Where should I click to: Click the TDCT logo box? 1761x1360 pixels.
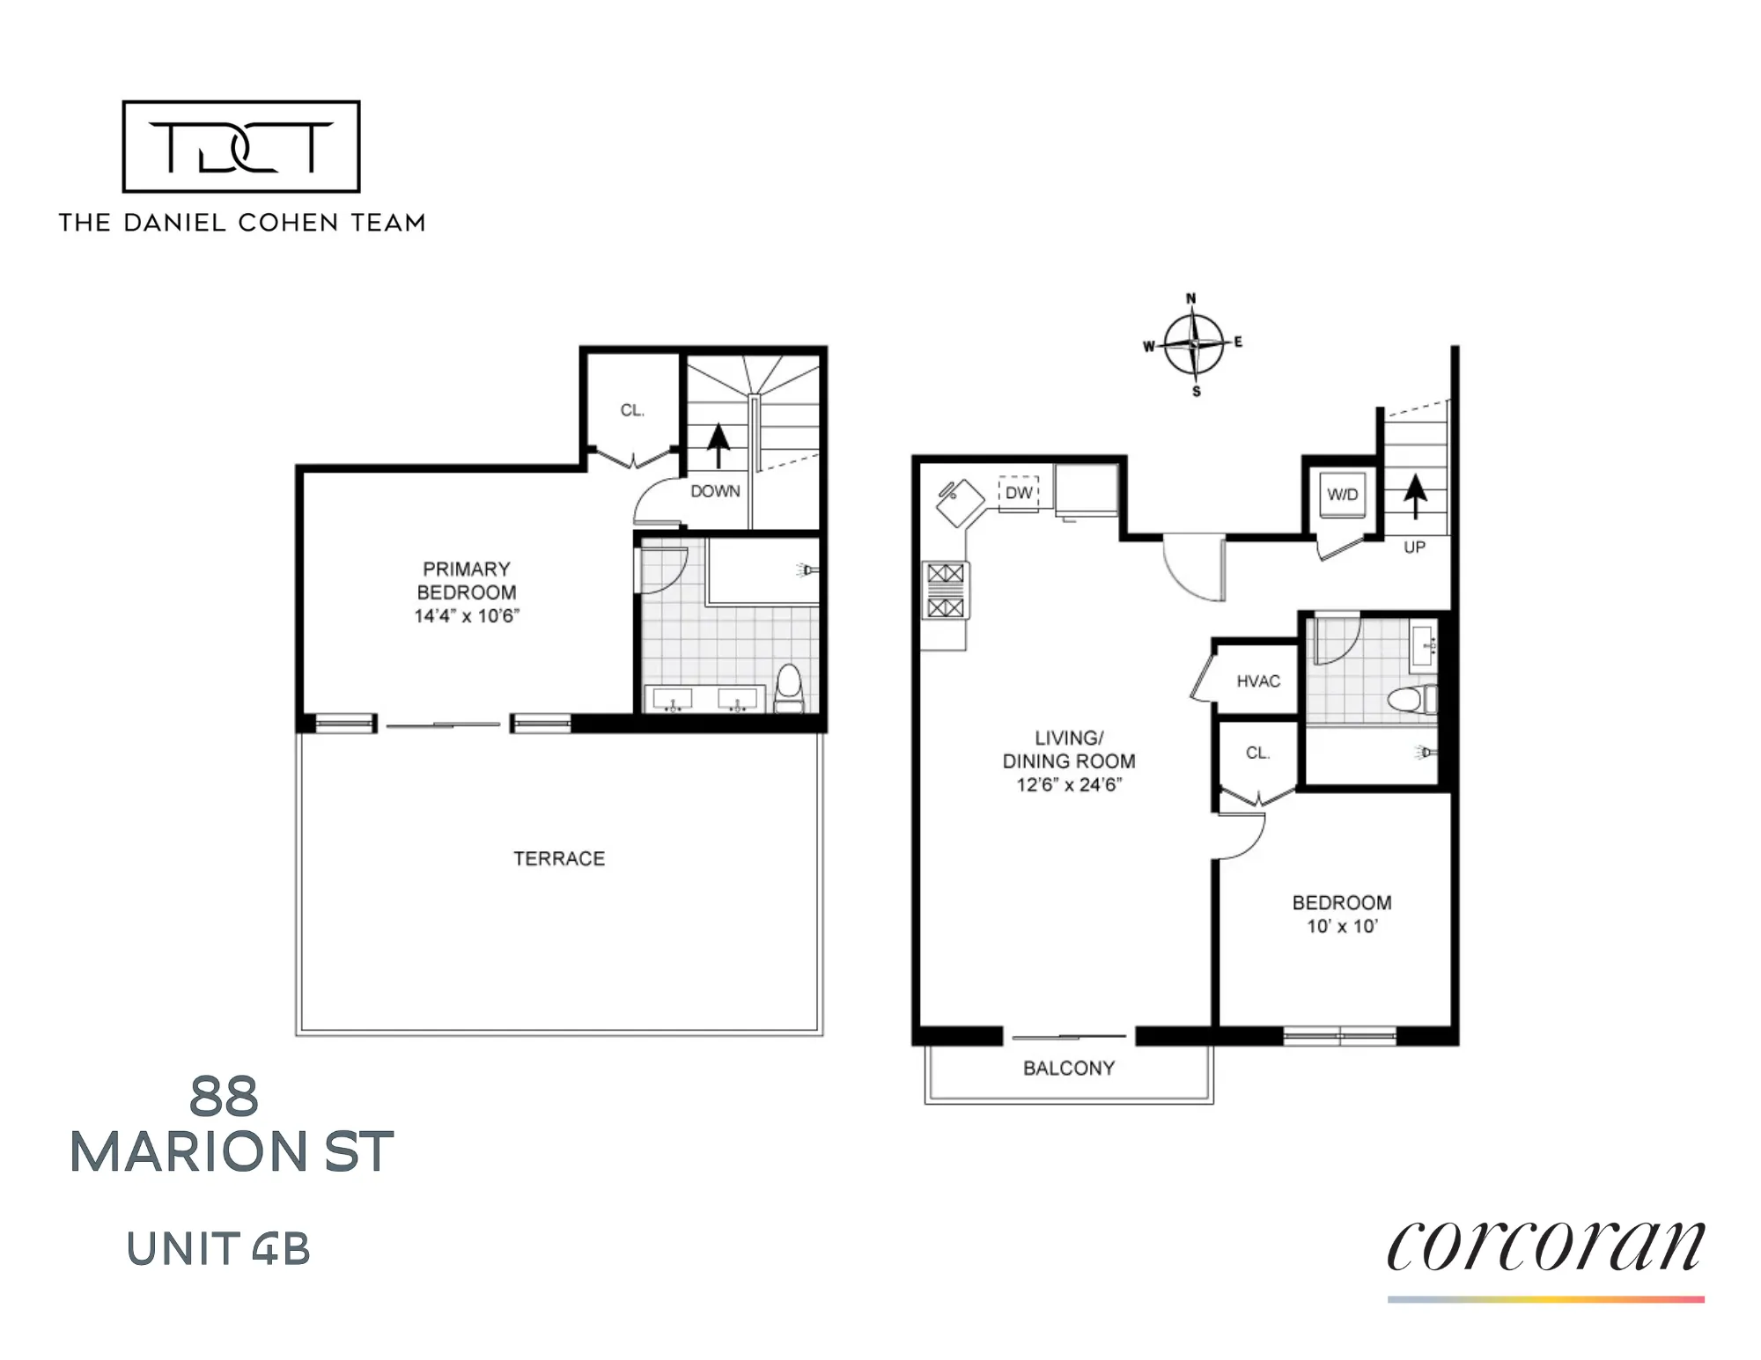[x=241, y=146]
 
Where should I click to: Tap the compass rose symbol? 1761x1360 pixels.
[x=1193, y=344]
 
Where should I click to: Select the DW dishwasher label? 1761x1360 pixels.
[x=1019, y=493]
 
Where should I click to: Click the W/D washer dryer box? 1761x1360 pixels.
[x=1342, y=495]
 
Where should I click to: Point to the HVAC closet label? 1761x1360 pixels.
[x=1257, y=681]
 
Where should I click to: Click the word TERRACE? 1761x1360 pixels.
[x=559, y=858]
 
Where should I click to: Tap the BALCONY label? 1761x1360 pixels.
[x=1069, y=1068]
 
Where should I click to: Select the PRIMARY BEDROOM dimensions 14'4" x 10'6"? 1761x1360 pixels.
[x=467, y=616]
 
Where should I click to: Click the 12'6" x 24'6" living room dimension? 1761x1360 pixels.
[x=1069, y=784]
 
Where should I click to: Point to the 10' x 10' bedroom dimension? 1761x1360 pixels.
[x=1342, y=926]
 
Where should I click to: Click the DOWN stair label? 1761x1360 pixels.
[x=715, y=491]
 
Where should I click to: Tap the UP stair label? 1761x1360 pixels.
[x=1414, y=548]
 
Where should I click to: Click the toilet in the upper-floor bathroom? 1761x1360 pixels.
[x=789, y=688]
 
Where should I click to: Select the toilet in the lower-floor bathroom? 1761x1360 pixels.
[x=1411, y=700]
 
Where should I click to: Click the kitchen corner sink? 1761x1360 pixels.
[x=958, y=502]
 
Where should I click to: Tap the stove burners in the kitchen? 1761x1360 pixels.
[x=946, y=591]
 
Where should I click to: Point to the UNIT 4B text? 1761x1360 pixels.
[x=218, y=1248]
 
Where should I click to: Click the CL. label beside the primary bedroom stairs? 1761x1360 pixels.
[x=632, y=410]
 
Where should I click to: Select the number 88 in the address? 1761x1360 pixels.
[x=224, y=1097]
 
